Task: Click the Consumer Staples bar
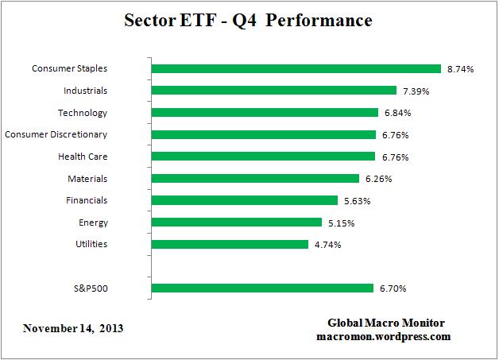pyautogui.click(x=296, y=69)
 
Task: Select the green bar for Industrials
pyautogui.click(x=273, y=91)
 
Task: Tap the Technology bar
pyautogui.click(x=264, y=113)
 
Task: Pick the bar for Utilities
pyautogui.click(x=229, y=244)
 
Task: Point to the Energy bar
pyautogui.click(x=236, y=223)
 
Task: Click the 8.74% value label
pyautogui.click(x=460, y=69)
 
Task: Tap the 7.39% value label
pyautogui.click(x=416, y=91)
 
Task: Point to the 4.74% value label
pyautogui.click(x=327, y=245)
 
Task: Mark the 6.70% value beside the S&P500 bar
pyautogui.click(x=393, y=288)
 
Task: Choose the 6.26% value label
pyautogui.click(x=378, y=179)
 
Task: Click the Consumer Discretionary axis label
pyautogui.click(x=56, y=134)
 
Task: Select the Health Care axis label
pyautogui.click(x=82, y=157)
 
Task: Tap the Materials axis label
pyautogui.click(x=87, y=179)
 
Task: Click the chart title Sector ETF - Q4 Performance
pyautogui.click(x=248, y=20)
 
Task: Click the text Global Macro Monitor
pyautogui.click(x=386, y=323)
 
